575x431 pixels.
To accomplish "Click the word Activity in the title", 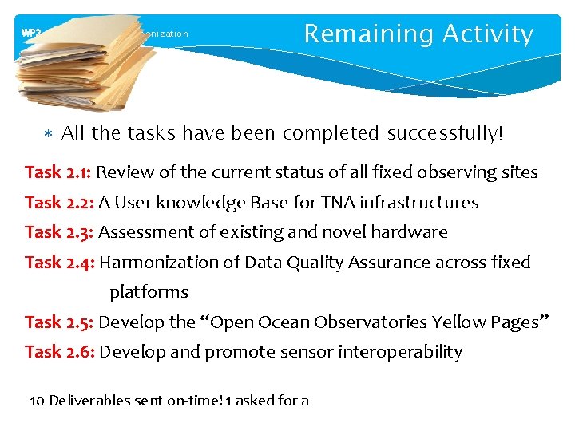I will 488,34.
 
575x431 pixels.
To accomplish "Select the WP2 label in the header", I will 31,34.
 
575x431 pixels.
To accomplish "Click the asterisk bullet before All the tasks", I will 48,134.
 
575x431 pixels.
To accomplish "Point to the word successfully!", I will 446,133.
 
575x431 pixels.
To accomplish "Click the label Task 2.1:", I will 58,172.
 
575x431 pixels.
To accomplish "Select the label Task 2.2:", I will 59,203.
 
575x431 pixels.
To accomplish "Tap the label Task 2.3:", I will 59,232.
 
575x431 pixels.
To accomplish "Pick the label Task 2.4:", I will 60,263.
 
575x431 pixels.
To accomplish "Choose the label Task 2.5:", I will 59,322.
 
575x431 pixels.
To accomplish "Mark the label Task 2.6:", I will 60,352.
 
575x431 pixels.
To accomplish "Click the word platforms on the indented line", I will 149,292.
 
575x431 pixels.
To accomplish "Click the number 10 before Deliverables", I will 37,401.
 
